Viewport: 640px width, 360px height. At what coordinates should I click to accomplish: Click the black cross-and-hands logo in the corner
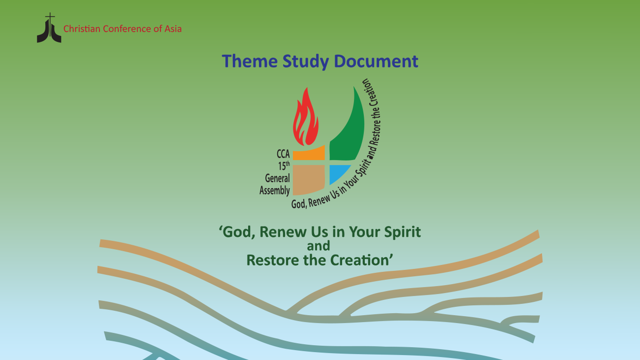(49, 28)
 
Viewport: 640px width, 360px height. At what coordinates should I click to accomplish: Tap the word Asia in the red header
(173, 29)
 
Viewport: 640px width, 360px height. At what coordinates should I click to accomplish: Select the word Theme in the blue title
(250, 61)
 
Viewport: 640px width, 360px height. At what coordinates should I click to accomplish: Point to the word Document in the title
(376, 61)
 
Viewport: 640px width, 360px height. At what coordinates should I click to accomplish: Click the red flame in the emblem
(305, 117)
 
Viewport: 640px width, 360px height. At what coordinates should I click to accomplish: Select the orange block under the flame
(309, 154)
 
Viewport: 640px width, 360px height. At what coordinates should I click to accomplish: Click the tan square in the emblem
(309, 179)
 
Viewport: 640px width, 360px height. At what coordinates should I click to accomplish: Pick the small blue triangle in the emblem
(338, 173)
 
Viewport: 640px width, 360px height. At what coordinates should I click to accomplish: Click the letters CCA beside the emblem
(283, 154)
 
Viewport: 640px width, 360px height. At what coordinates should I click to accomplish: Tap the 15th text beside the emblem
(284, 165)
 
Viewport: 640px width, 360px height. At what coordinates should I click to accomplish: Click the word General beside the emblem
(278, 178)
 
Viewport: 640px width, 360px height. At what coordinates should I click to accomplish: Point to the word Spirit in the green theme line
(402, 232)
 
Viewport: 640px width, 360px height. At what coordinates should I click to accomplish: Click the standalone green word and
(319, 246)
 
